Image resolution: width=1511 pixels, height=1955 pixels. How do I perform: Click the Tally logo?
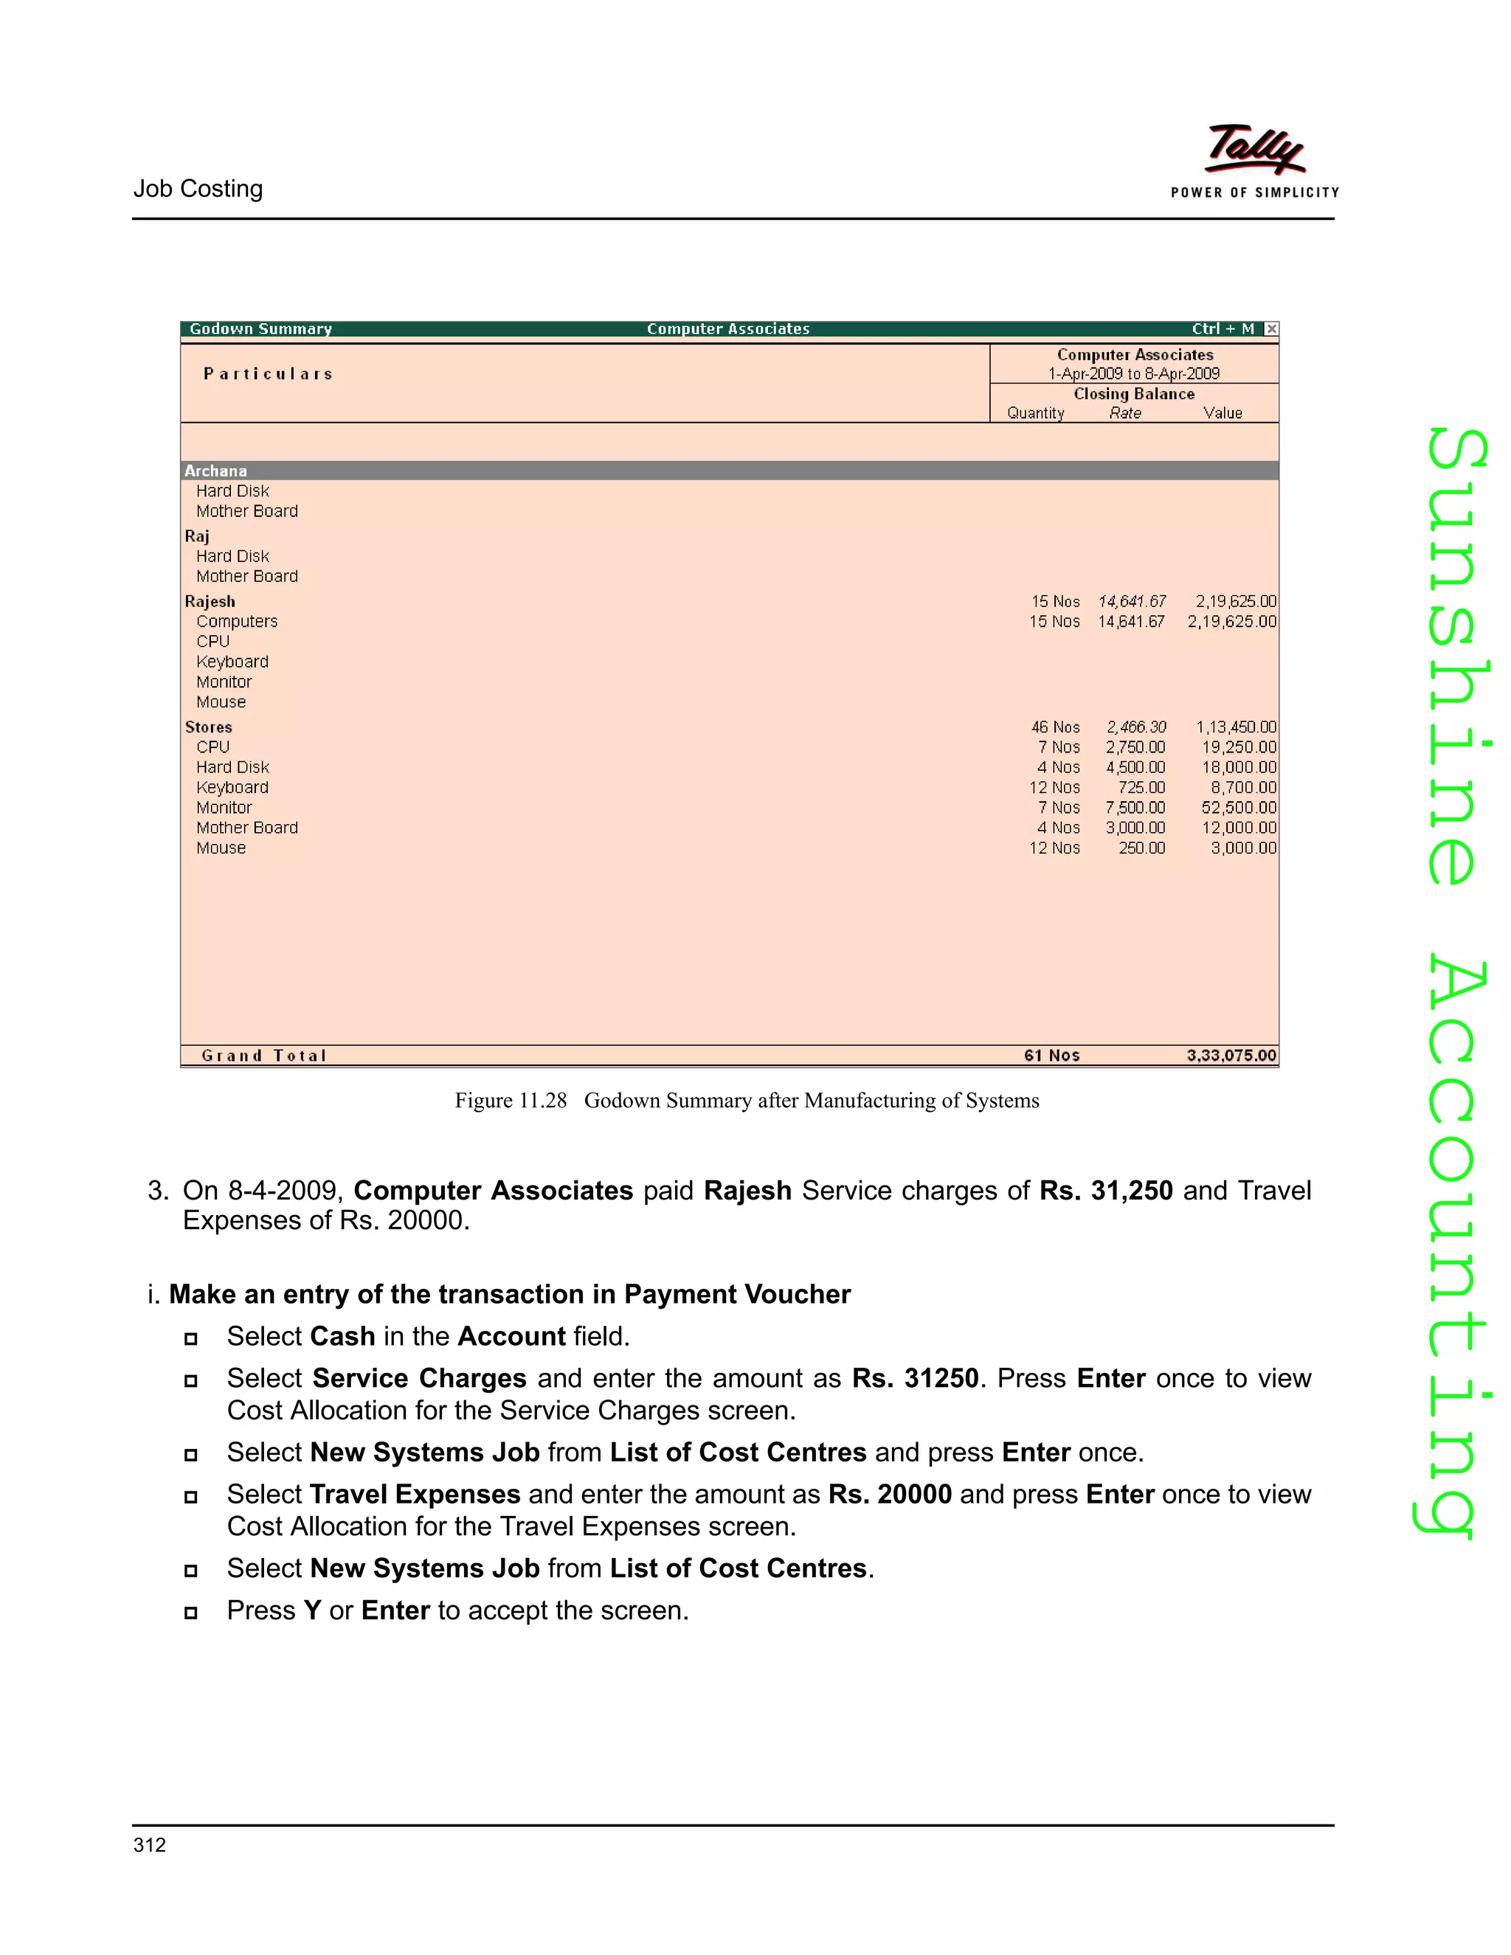click(1255, 150)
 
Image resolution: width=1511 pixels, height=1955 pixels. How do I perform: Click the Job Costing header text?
click(198, 189)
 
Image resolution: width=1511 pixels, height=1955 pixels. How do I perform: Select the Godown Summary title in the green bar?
click(260, 328)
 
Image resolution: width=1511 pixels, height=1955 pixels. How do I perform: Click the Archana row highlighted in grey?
click(215, 471)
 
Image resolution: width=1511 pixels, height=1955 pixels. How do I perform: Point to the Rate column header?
click(1125, 412)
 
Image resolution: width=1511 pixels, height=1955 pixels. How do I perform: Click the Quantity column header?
click(1036, 412)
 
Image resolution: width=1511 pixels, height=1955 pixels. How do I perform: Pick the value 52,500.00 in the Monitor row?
click(1239, 807)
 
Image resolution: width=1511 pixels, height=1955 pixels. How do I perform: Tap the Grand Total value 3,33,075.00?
click(1231, 1056)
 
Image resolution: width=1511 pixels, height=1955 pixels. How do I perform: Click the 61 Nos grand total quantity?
click(1052, 1056)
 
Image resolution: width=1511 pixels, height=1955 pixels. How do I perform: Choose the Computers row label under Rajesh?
click(238, 621)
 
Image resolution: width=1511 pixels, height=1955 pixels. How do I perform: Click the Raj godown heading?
click(197, 536)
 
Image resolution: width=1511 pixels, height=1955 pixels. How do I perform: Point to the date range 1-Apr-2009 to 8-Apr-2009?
click(1134, 373)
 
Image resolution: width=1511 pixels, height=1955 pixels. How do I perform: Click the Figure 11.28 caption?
click(747, 1100)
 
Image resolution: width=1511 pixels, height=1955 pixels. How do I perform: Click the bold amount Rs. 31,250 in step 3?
click(1105, 1191)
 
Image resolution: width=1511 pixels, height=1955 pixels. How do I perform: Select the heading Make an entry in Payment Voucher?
click(509, 1295)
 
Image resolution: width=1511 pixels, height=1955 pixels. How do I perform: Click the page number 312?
click(150, 1845)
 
